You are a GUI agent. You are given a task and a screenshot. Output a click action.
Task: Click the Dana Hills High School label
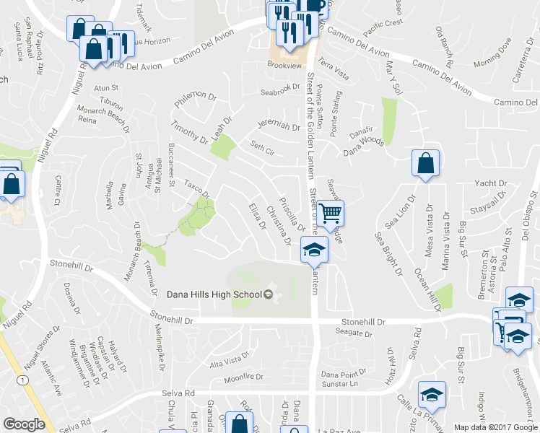214,294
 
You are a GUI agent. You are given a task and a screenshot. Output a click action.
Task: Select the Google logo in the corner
24,424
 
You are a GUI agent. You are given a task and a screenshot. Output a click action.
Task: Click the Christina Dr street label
278,224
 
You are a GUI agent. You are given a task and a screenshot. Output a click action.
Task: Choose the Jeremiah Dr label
278,126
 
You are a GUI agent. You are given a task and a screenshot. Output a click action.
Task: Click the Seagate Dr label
354,333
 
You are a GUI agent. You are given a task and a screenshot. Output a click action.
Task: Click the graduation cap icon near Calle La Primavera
432,394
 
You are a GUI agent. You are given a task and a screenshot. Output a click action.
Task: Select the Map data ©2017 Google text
496,427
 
